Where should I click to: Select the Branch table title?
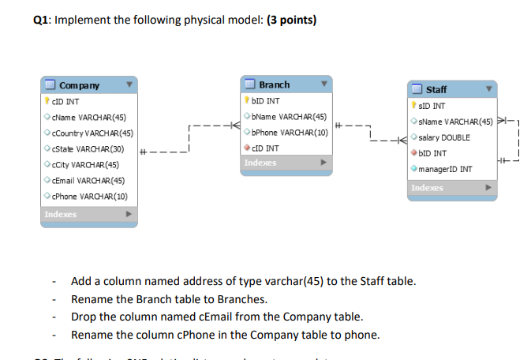pyautogui.click(x=274, y=84)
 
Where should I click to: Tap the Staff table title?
pyautogui.click(x=436, y=89)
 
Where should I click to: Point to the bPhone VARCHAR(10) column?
pyautogui.click(x=289, y=132)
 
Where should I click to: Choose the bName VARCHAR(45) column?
pyautogui.click(x=288, y=116)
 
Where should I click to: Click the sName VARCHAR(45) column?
pyautogui.click(x=455, y=122)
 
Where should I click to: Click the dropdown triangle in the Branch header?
pyautogui.click(x=323, y=84)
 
